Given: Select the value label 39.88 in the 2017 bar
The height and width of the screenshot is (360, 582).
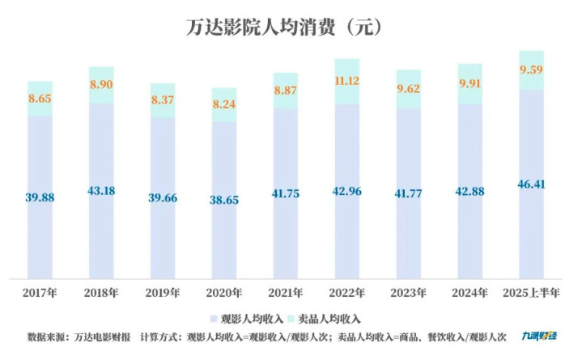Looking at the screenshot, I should (40, 198).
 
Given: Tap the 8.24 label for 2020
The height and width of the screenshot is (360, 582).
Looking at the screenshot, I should (224, 104).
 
